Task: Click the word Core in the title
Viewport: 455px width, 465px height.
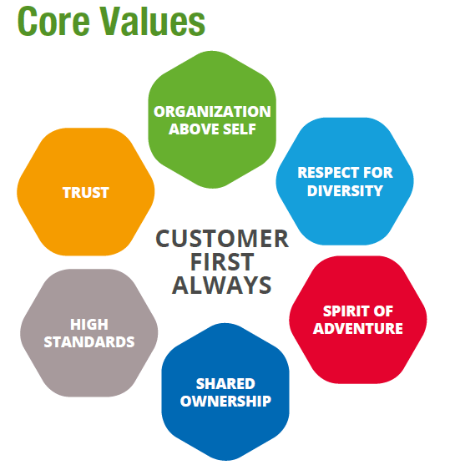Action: tap(53, 22)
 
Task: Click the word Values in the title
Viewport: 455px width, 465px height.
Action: tap(154, 21)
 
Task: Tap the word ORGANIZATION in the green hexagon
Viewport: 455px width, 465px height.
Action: tap(212, 112)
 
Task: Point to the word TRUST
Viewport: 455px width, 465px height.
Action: tap(86, 193)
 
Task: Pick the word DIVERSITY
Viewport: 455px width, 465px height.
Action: tap(346, 190)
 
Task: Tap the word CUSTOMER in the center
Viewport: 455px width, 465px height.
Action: tap(222, 239)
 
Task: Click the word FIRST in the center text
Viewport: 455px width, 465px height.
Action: tap(222, 262)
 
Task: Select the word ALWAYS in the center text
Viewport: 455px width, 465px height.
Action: tap(222, 285)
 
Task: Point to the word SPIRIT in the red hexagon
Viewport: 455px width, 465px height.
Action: tap(341, 311)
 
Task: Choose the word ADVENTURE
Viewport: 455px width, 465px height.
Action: tap(358, 329)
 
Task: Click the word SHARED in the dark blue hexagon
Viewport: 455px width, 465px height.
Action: tap(225, 384)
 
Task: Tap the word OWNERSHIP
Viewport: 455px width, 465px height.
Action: tap(225, 402)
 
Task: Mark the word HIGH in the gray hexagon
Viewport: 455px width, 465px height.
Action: tap(89, 325)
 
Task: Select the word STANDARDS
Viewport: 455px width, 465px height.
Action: tap(89, 342)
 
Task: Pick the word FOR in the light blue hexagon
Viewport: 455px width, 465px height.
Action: tap(378, 173)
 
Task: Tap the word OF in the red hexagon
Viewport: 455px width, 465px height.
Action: tap(383, 311)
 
